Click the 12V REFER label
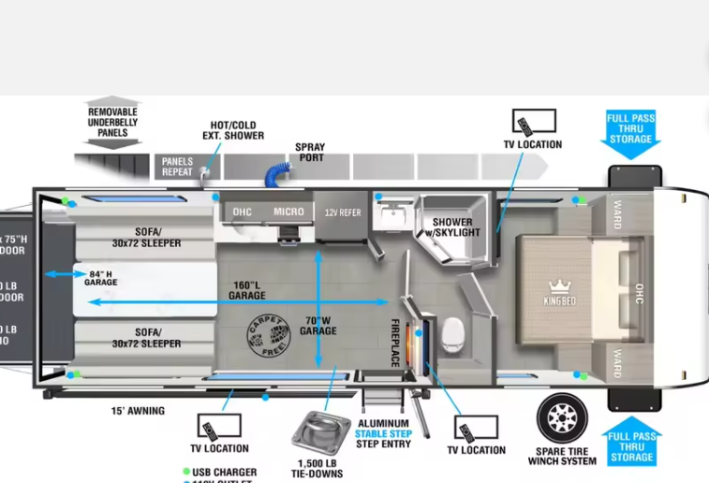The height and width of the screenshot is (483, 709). pyautogui.click(x=342, y=212)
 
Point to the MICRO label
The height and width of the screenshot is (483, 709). pyautogui.click(x=288, y=212)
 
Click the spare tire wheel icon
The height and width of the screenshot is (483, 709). pyautogui.click(x=562, y=418)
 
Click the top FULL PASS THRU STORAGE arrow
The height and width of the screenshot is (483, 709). pyautogui.click(x=630, y=130)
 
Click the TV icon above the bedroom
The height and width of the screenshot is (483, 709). pyautogui.click(x=533, y=123)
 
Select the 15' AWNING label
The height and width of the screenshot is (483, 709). pyautogui.click(x=137, y=410)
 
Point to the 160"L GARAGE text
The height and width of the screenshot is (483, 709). pyautogui.click(x=247, y=290)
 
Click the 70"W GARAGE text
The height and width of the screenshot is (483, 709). pyautogui.click(x=318, y=325)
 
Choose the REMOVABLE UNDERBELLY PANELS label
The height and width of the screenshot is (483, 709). pyautogui.click(x=112, y=122)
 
